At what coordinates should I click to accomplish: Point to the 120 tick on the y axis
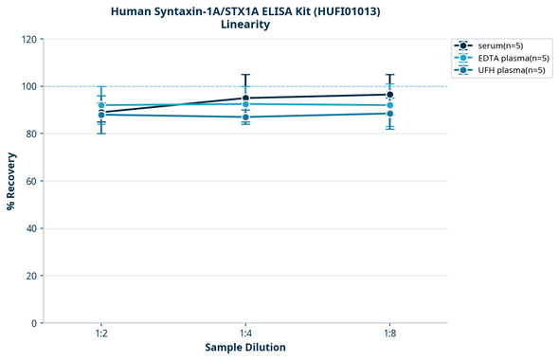tap(28, 40)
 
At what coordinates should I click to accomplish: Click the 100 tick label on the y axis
tap(28, 87)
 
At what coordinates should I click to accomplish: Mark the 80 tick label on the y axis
tap(31, 135)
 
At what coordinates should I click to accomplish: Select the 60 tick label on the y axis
tap(31, 181)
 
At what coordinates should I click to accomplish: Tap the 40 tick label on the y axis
tap(31, 228)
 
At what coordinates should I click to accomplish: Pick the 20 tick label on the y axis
tap(31, 276)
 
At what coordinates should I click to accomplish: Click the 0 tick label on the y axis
tap(34, 323)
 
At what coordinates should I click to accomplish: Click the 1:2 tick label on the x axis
tap(101, 334)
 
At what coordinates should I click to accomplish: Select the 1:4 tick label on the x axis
tap(245, 334)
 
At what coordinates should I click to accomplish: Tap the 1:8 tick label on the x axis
tap(389, 334)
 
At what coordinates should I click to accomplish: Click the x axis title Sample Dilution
tap(245, 348)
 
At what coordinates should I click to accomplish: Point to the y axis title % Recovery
tap(10, 181)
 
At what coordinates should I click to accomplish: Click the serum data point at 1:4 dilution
tap(245, 99)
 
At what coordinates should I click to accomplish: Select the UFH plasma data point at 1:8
tap(389, 114)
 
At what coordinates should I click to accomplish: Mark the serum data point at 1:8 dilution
tap(389, 95)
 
